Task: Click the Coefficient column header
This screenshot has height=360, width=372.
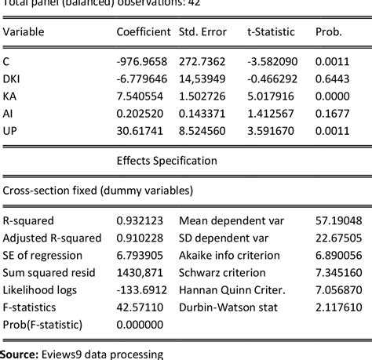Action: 143,32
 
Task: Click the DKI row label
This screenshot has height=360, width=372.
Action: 12,78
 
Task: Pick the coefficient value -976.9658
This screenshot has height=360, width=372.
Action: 142,60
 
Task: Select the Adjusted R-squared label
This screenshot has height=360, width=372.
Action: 53,238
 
